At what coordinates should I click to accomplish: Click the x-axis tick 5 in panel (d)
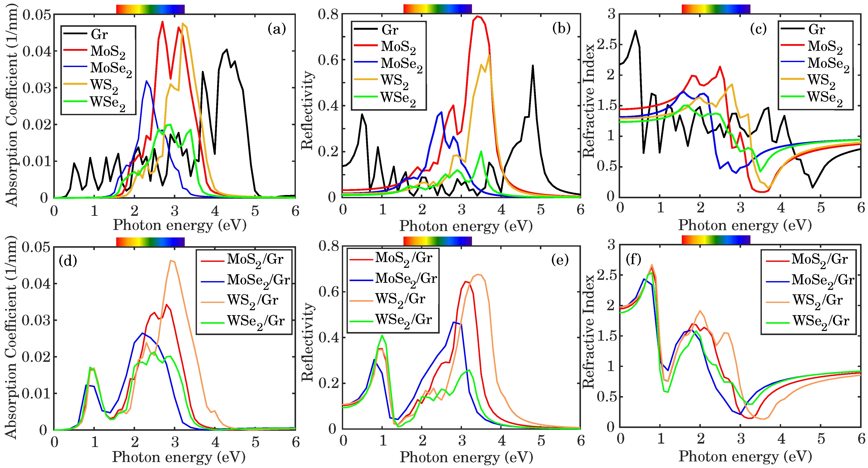(255, 442)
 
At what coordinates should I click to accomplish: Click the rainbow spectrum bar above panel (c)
(716, 9)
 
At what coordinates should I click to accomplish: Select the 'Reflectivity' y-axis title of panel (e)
(307, 342)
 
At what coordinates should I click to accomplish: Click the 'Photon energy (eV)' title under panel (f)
(745, 456)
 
